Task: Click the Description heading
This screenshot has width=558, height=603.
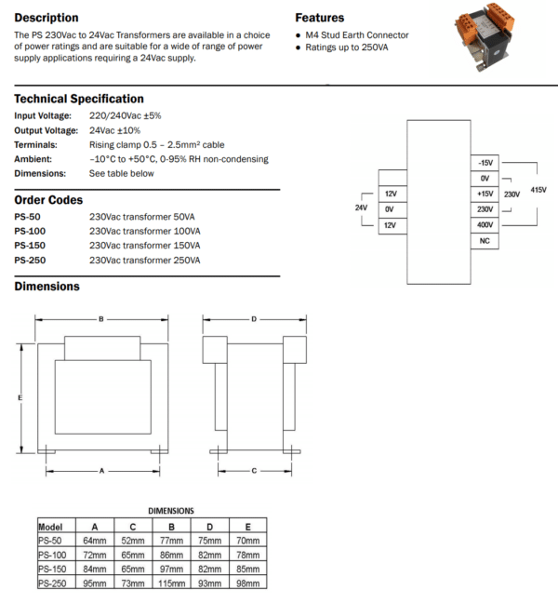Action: [x=46, y=18]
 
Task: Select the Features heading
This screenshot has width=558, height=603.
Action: [x=319, y=18]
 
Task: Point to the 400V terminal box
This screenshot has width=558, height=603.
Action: [x=485, y=225]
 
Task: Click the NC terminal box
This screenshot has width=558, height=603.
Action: [x=485, y=241]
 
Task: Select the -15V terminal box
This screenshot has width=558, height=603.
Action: [x=485, y=162]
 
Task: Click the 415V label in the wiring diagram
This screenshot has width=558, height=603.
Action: [x=538, y=190]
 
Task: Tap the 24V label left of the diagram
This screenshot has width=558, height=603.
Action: [x=362, y=208]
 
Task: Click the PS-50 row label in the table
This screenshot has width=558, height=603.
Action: [x=50, y=539]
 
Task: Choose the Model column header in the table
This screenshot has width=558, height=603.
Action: [x=50, y=525]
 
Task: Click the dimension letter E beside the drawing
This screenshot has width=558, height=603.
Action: [x=20, y=398]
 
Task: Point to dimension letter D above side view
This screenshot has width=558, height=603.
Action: [x=254, y=320]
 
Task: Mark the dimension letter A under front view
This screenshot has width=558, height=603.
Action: [x=101, y=471]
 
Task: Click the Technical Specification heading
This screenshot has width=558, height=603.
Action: [x=79, y=99]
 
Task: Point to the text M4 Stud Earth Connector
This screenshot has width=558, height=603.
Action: [x=357, y=35]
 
